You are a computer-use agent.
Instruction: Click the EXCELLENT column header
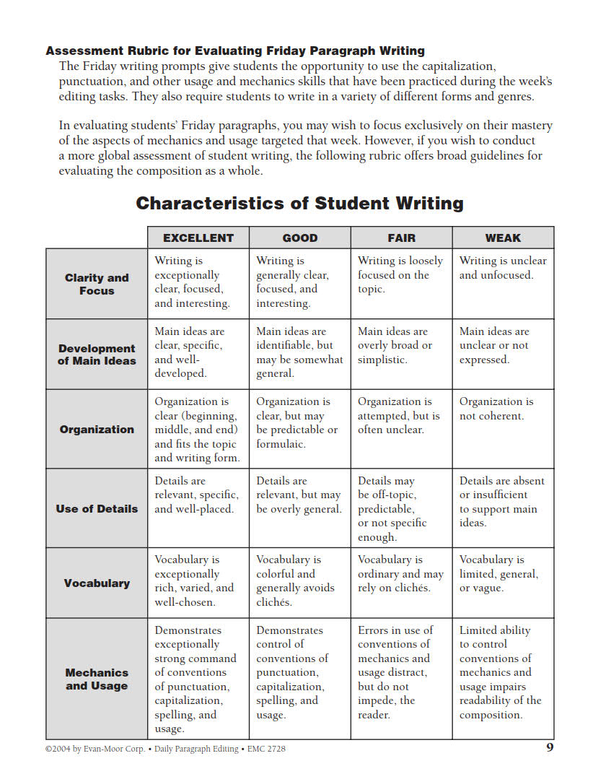(x=198, y=238)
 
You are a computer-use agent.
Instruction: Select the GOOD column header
(x=300, y=238)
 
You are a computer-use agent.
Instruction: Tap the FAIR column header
(x=402, y=238)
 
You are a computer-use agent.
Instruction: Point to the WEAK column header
(x=503, y=238)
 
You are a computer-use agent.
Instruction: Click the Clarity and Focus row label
(x=97, y=284)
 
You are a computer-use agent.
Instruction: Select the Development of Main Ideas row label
(x=97, y=354)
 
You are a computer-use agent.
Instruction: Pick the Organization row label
(x=97, y=429)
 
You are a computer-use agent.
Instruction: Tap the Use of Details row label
(x=97, y=508)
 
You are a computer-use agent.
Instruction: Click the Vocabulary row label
(x=97, y=583)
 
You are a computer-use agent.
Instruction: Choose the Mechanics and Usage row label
(x=97, y=679)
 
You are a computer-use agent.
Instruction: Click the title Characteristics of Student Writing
(x=299, y=203)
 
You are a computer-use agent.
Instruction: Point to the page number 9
(x=550, y=747)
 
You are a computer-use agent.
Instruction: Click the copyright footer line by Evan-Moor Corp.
(x=165, y=749)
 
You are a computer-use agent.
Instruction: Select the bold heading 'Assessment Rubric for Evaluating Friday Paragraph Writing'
(x=235, y=51)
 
